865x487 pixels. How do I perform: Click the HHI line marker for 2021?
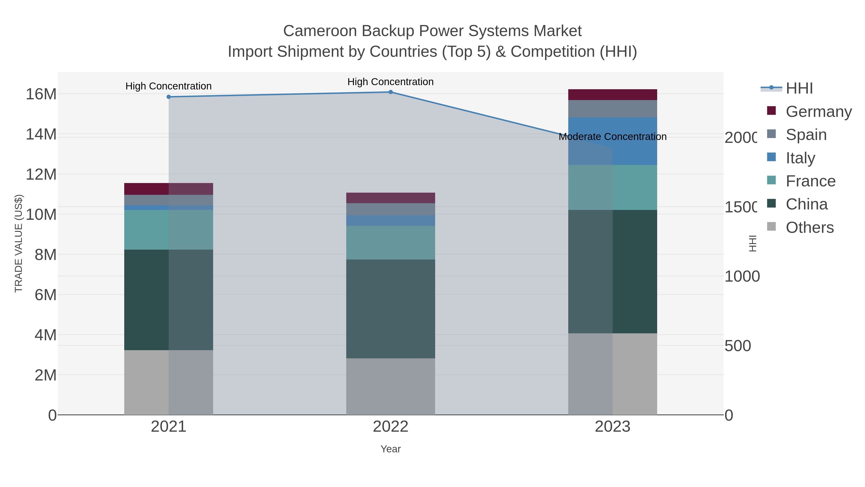[169, 97]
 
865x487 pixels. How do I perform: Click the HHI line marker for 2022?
[390, 92]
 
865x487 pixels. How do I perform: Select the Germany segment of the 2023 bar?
[612, 95]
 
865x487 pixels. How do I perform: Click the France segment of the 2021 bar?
[169, 230]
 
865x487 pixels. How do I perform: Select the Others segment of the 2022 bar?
[390, 386]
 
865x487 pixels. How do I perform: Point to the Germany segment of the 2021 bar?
[169, 189]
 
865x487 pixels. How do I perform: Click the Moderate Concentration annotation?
[612, 137]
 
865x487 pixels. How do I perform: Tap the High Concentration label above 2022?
[390, 82]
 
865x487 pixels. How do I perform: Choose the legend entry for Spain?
[806, 134]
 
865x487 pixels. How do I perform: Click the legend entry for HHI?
[799, 89]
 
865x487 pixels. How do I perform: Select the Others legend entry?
[809, 228]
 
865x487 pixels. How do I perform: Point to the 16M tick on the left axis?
[41, 94]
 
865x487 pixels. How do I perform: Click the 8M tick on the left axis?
[45, 255]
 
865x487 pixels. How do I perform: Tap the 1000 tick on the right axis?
[742, 276]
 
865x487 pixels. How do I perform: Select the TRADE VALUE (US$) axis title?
[19, 243]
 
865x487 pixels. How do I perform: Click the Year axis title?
[390, 449]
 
